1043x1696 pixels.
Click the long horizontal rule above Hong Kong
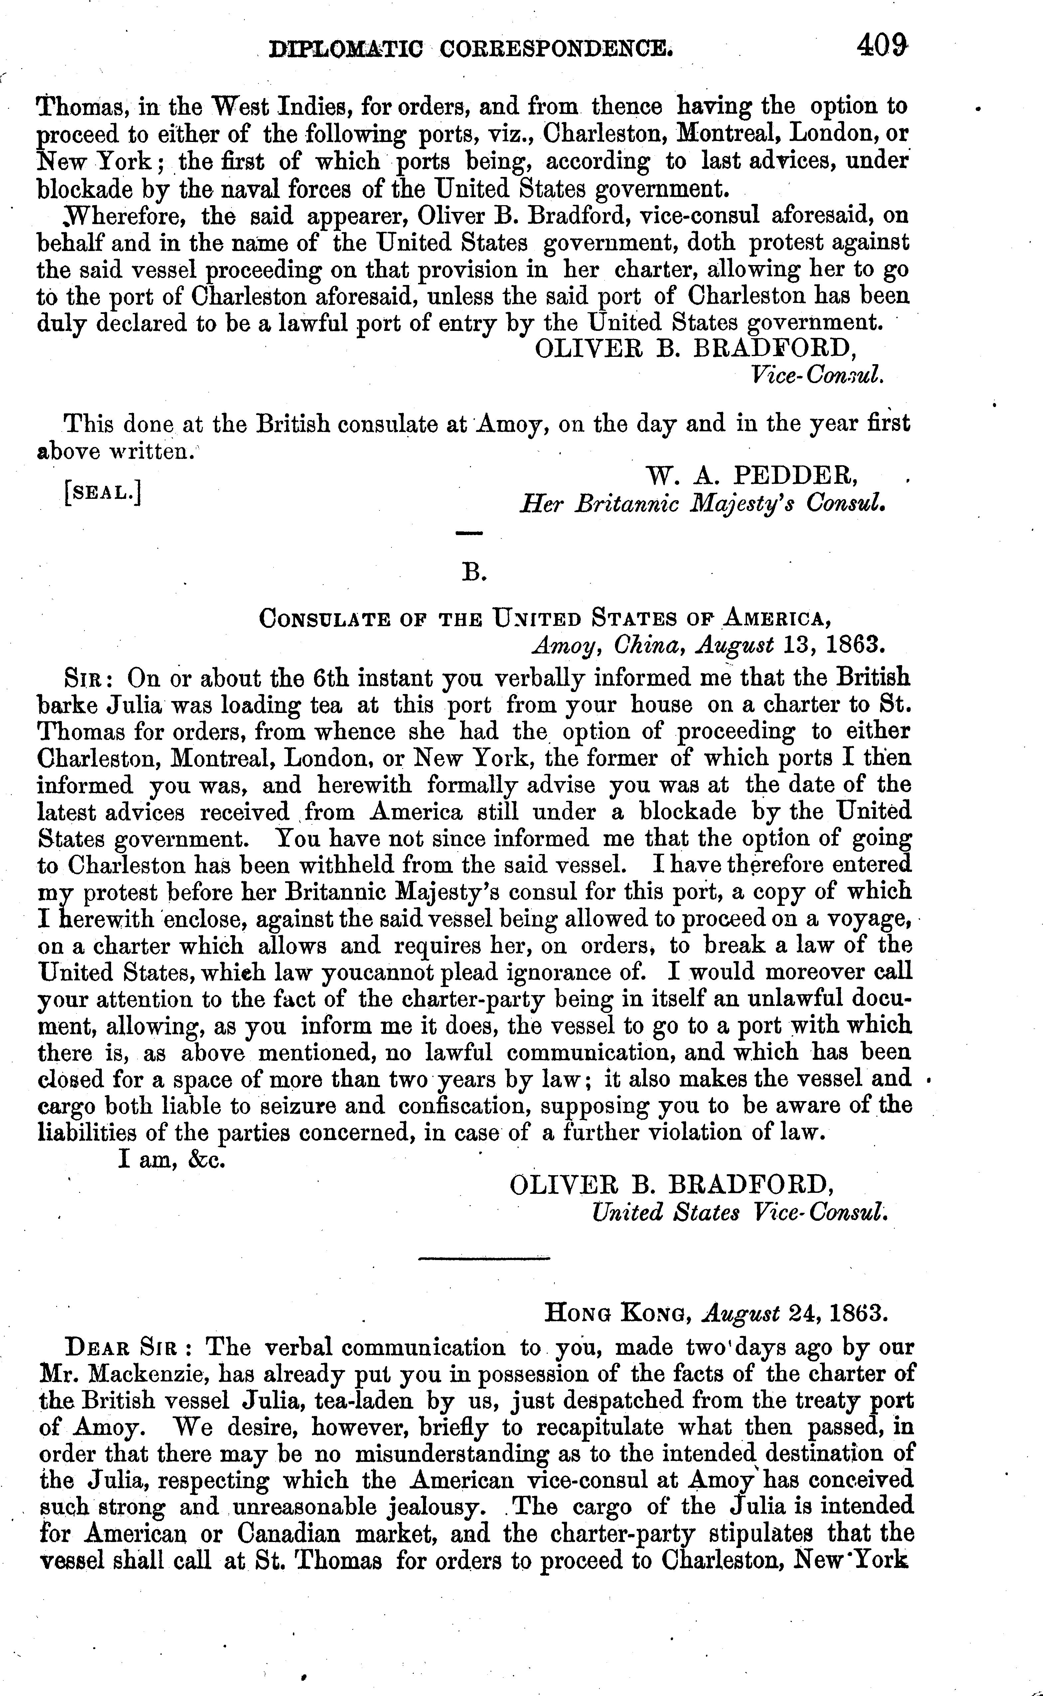(x=484, y=1259)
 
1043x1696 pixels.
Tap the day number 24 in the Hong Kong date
(x=801, y=1312)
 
